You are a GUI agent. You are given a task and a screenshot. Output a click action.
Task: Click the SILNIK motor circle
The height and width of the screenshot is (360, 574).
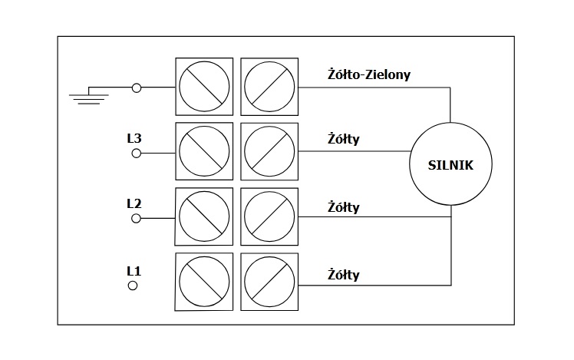(450, 163)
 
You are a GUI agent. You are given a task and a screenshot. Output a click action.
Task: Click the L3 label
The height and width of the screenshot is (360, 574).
(134, 139)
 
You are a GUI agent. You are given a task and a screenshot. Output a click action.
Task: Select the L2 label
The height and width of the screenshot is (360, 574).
(134, 204)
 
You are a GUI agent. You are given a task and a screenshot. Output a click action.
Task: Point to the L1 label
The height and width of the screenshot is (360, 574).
(134, 270)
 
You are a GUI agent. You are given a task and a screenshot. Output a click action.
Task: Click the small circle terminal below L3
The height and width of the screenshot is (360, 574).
(137, 154)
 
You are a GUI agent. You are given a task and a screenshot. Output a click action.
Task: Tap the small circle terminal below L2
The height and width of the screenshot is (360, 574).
(137, 219)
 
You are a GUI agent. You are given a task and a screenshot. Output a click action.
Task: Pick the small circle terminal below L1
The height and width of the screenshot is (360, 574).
(132, 286)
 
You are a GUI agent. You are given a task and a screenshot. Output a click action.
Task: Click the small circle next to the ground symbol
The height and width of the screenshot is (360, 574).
(137, 88)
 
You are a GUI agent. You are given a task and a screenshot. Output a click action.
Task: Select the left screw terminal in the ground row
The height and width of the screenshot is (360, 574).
(204, 86)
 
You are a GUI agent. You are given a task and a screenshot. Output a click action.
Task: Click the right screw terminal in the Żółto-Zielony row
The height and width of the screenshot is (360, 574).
(269, 86)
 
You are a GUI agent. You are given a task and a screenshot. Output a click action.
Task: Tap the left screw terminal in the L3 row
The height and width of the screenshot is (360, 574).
(204, 151)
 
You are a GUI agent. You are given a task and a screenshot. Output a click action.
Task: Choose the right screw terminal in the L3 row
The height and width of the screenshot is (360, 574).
(269, 151)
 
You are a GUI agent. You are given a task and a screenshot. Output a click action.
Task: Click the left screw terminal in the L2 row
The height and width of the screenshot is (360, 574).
(204, 216)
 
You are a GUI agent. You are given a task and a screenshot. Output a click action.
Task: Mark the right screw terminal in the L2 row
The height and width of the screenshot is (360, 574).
(269, 216)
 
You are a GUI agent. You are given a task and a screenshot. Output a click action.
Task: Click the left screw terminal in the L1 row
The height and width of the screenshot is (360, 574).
(204, 282)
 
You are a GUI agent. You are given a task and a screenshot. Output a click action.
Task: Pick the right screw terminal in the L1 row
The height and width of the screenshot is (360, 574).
(269, 282)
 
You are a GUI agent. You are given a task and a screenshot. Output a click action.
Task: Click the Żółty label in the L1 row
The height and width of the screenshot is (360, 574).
(343, 274)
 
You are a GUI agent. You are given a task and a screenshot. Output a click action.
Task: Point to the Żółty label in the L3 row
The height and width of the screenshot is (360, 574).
(343, 140)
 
